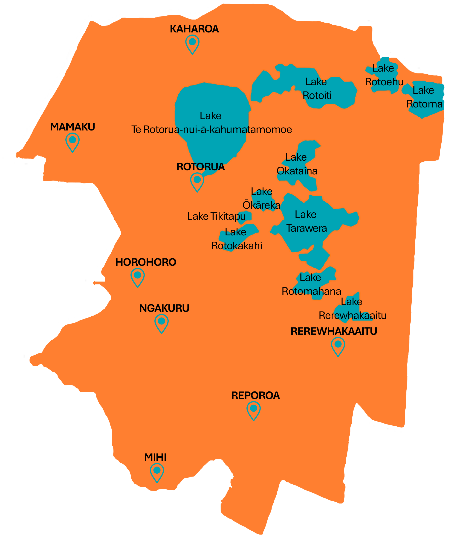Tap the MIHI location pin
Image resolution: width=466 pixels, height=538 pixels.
click(157, 471)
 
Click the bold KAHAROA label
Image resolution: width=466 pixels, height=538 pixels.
click(194, 29)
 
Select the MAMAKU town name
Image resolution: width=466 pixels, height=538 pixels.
click(72, 127)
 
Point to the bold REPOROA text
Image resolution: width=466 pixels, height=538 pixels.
click(255, 395)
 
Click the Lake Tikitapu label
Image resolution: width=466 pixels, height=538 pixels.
click(216, 216)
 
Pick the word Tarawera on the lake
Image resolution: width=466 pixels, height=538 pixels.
click(307, 228)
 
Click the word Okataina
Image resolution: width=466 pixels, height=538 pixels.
click(297, 171)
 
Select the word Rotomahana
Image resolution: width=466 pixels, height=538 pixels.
click(311, 291)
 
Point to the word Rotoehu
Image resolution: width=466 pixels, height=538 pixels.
click(384, 82)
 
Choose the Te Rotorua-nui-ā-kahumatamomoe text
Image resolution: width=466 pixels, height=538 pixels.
click(211, 130)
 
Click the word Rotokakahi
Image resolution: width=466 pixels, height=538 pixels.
click(237, 246)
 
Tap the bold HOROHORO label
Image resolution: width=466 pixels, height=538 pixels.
click(146, 262)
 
